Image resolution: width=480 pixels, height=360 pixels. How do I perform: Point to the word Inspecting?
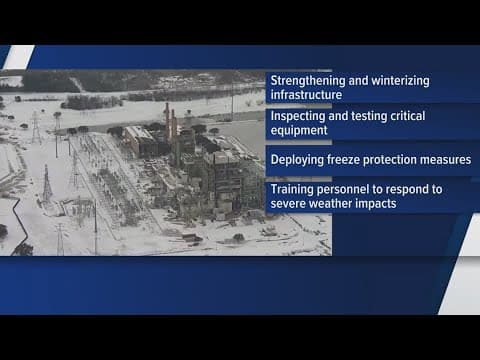(298, 116)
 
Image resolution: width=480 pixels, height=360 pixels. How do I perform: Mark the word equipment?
(301, 130)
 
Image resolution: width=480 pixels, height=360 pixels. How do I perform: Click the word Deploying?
(297, 158)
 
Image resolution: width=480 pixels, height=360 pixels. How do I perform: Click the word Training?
(292, 187)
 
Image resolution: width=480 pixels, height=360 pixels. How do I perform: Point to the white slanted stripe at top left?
(18, 57)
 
